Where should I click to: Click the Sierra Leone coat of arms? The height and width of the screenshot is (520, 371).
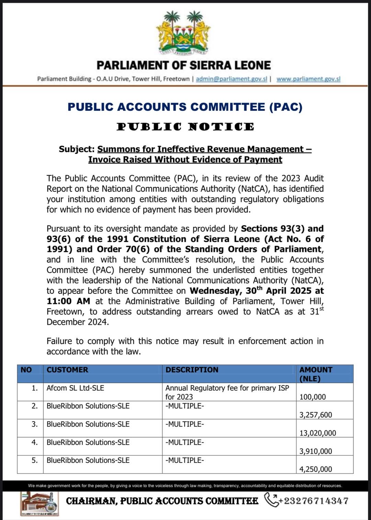183,33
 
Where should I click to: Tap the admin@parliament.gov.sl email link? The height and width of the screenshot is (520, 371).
231,79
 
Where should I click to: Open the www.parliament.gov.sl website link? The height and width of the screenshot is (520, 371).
308,79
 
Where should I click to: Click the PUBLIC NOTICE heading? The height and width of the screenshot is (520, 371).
185,127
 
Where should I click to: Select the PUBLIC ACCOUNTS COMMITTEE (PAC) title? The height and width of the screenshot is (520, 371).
185,107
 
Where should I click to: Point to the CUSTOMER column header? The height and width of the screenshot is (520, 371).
67,370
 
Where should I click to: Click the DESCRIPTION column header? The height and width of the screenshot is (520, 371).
192,370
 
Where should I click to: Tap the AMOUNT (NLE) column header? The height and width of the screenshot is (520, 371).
315,374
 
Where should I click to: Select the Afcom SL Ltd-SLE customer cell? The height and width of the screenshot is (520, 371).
75,388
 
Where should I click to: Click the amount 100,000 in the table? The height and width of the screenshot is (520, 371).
313,397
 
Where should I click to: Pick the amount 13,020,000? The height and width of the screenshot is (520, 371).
318,433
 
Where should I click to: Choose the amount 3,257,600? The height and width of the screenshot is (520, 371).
316,415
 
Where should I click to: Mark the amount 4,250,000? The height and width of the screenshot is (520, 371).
316,469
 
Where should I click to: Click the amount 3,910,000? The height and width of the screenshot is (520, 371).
316,451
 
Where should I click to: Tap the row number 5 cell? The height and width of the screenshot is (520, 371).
34,460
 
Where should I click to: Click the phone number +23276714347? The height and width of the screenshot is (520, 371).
314,501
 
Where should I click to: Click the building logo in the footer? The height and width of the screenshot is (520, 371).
39,504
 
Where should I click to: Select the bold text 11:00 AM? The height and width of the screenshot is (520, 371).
68,301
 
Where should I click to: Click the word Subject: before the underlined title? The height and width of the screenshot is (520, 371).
76,149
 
